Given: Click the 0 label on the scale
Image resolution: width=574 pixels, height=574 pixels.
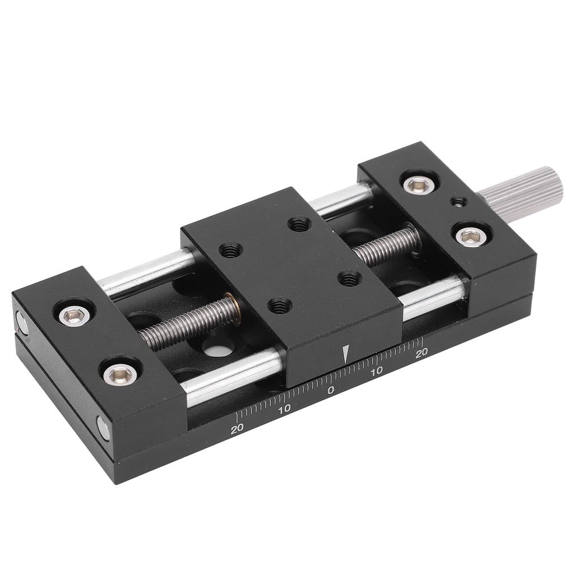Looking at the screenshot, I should pos(331,390).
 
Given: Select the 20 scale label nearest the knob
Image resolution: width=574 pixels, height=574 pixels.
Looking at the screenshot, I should pos(422,352).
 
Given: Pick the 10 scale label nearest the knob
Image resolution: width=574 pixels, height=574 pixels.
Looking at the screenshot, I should pos(377,371).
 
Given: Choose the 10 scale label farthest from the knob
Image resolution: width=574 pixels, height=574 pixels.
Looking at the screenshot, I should pos(284,409).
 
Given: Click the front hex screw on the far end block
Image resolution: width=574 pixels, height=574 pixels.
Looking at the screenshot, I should pos(119,373).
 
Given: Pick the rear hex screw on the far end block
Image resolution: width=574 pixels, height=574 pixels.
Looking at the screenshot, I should pos(73,317).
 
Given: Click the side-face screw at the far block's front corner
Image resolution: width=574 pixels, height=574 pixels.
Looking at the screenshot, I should pos(104,429).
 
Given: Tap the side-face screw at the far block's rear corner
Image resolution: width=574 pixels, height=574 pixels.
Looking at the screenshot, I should pos(22,323).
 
